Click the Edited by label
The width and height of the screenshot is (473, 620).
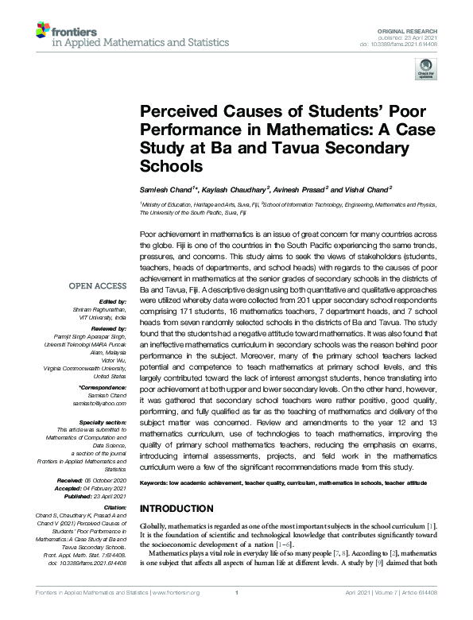(x=110, y=302)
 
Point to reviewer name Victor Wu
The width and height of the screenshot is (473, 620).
(x=112, y=360)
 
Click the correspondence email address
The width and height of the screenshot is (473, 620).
(x=101, y=404)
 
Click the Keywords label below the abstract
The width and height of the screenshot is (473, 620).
(x=157, y=482)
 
